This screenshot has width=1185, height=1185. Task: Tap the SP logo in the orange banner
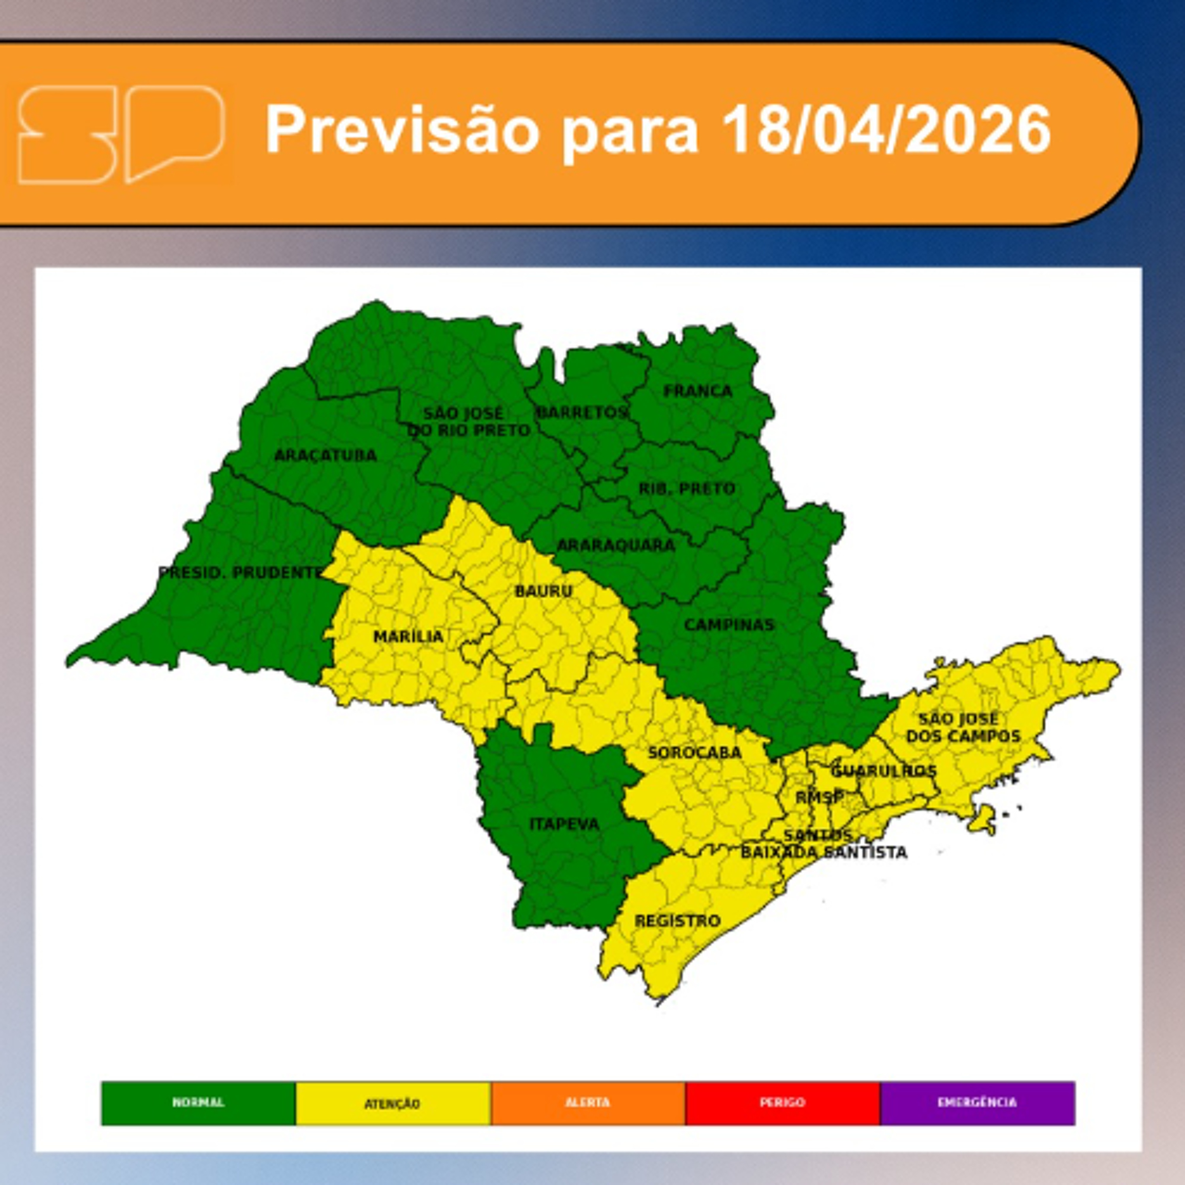tap(121, 135)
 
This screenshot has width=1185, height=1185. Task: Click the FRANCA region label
tap(698, 391)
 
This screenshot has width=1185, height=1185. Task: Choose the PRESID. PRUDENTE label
tap(240, 572)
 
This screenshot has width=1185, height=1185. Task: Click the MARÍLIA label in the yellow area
tap(408, 637)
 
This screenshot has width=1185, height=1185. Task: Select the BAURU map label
tap(544, 591)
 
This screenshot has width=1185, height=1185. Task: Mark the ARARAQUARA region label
tap(615, 545)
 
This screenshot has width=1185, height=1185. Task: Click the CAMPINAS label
tap(729, 624)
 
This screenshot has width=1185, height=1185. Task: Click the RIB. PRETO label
tap(687, 489)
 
